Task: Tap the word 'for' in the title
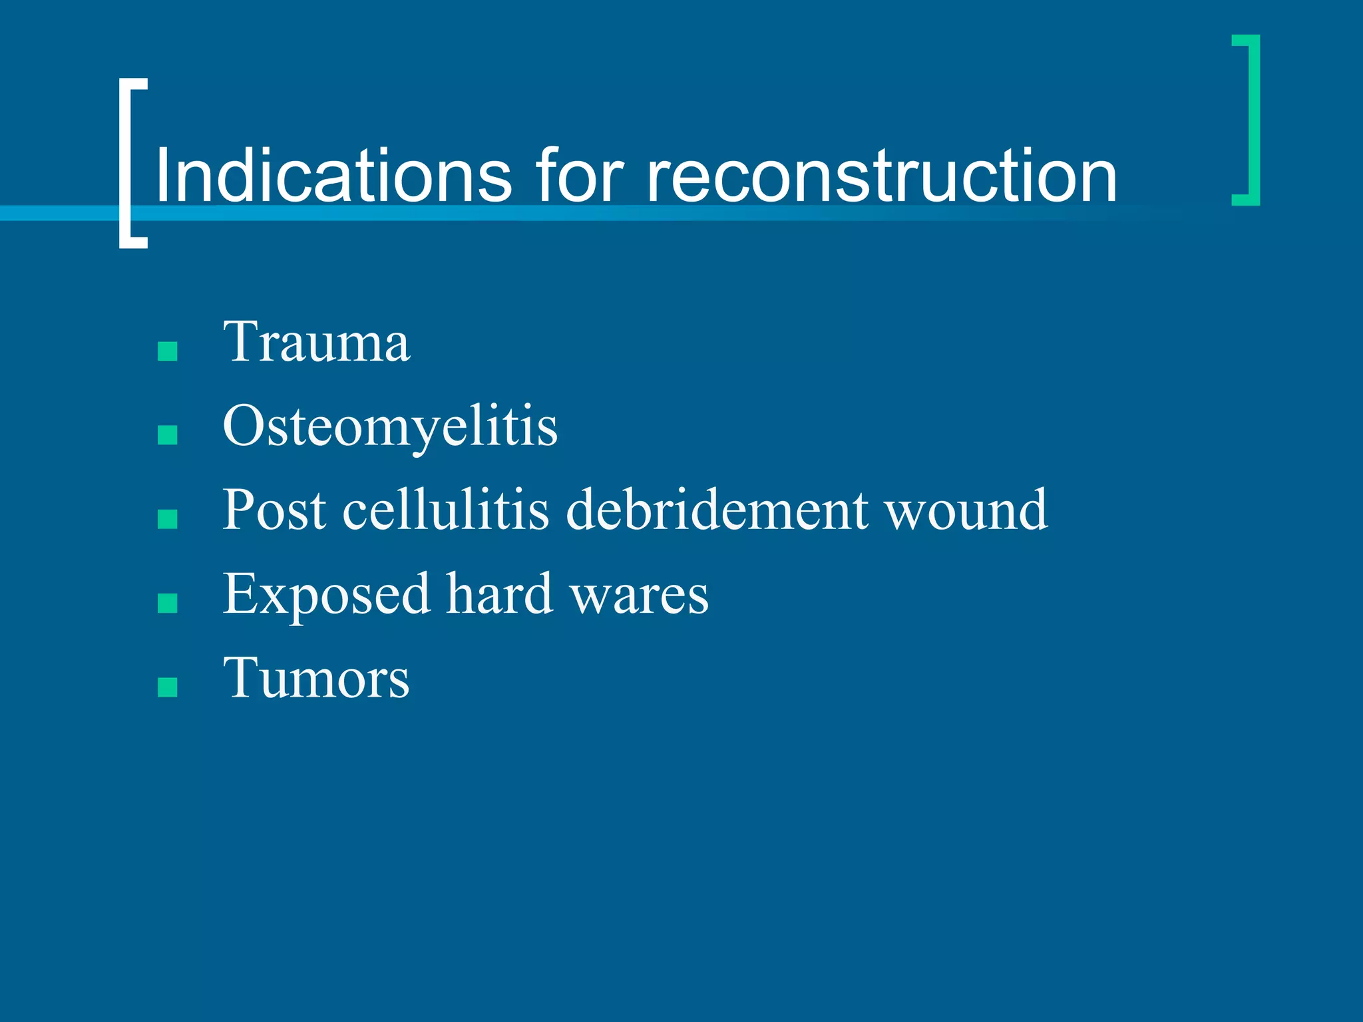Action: point(580,176)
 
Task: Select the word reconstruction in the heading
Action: point(881,176)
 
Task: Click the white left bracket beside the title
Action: point(126,163)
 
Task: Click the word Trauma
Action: point(316,343)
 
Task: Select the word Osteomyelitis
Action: point(390,426)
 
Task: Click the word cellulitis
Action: point(445,511)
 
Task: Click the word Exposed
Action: point(326,595)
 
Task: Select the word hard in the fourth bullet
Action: point(499,595)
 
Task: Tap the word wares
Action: point(640,595)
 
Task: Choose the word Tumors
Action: point(316,679)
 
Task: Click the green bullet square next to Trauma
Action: point(168,351)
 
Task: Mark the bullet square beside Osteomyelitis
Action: point(168,435)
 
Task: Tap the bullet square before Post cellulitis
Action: point(168,519)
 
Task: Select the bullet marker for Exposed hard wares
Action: point(168,603)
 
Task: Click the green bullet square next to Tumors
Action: point(168,687)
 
